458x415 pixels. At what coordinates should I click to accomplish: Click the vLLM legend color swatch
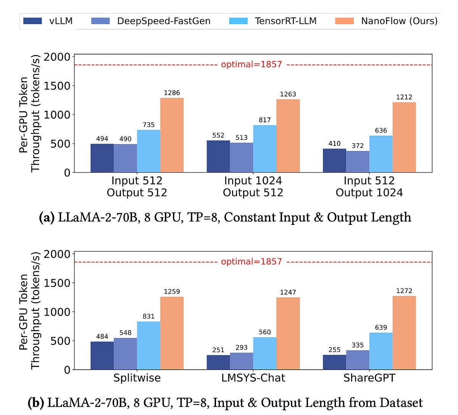32,21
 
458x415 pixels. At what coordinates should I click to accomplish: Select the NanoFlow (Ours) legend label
399,21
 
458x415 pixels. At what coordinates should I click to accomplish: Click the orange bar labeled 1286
172,135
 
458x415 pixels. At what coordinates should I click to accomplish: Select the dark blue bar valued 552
218,157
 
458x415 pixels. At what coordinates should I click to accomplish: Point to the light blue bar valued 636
381,154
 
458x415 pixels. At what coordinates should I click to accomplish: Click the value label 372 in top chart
358,146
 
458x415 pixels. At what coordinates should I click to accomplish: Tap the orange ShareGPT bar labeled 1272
404,333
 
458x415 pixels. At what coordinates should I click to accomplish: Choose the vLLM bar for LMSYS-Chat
218,362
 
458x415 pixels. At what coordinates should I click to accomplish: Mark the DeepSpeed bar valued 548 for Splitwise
125,354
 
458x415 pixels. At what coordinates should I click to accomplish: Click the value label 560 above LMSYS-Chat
265,332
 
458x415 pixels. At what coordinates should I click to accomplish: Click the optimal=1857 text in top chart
252,64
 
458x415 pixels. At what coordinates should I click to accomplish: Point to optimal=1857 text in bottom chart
252,261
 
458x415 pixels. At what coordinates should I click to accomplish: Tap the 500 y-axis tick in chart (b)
61,341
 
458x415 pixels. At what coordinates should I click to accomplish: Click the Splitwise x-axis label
137,378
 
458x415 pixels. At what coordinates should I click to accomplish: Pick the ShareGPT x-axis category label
369,378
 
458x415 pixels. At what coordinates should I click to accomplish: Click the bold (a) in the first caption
47,217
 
